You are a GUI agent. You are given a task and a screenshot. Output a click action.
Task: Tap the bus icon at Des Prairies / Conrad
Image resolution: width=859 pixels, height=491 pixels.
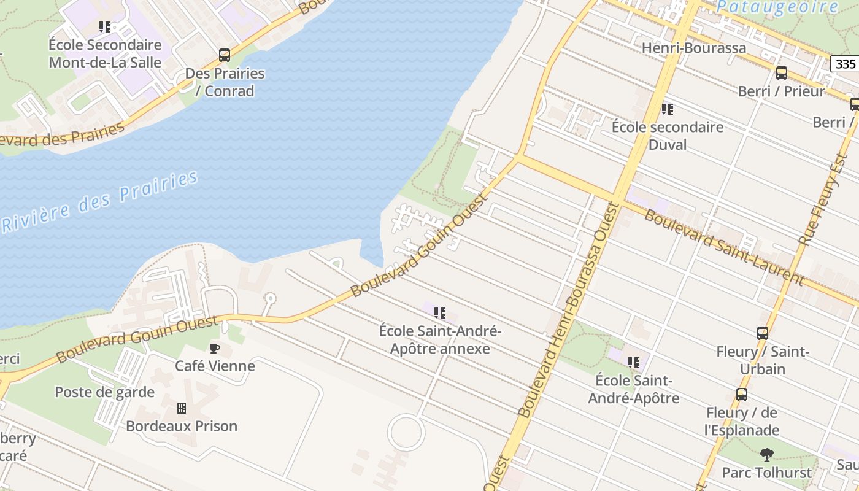pyautogui.click(x=225, y=55)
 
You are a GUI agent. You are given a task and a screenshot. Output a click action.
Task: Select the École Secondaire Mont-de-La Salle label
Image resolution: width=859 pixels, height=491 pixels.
pyautogui.click(x=105, y=53)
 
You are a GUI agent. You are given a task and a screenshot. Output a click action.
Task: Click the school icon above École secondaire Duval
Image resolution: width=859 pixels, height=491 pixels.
pyautogui.click(x=667, y=109)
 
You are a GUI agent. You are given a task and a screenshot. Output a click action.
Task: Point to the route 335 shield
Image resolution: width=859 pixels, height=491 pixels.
pyautogui.click(x=845, y=64)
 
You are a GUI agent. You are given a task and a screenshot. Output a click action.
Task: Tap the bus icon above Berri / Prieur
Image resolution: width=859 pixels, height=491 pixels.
pyautogui.click(x=781, y=73)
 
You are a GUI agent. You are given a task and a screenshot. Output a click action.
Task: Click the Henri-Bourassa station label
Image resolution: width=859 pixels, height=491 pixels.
pyautogui.click(x=693, y=48)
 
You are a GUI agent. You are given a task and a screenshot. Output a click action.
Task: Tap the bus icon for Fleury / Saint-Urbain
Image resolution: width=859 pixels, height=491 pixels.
pyautogui.click(x=762, y=333)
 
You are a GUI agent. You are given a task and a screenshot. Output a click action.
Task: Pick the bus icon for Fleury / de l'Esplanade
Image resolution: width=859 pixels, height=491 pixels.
pyautogui.click(x=741, y=395)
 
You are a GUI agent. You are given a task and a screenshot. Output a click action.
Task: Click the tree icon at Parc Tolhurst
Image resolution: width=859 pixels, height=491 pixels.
pyautogui.click(x=766, y=455)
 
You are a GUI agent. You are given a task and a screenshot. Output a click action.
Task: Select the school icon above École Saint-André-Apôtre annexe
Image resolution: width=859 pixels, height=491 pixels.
pyautogui.click(x=439, y=313)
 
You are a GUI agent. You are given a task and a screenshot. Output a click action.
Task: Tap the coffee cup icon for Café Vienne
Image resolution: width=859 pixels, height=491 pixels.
pyautogui.click(x=214, y=349)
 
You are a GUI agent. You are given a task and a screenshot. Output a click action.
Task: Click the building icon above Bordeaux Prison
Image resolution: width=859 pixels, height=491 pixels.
pyautogui.click(x=181, y=408)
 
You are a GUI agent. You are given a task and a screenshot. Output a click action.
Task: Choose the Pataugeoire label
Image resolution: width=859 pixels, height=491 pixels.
pyautogui.click(x=777, y=7)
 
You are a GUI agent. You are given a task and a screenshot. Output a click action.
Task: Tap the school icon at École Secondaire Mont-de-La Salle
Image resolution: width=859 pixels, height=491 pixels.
pyautogui.click(x=105, y=27)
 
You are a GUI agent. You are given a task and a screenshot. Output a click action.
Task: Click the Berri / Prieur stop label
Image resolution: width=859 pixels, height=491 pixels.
pyautogui.click(x=781, y=91)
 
